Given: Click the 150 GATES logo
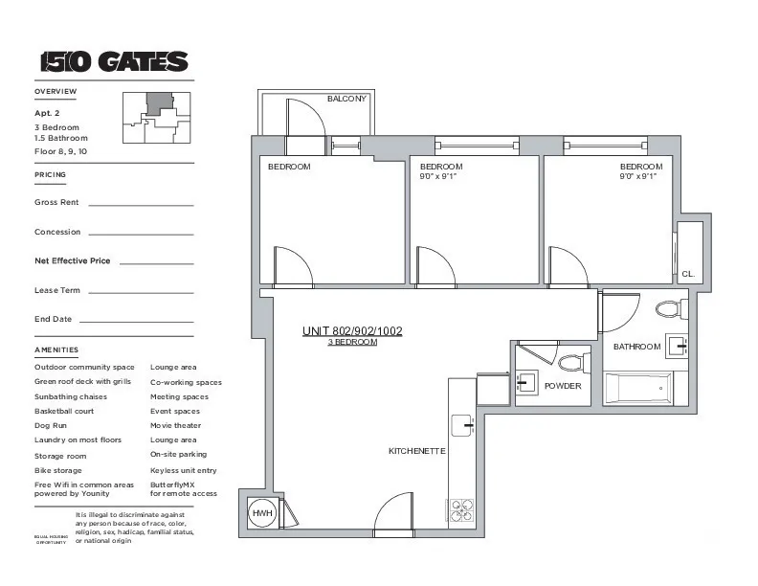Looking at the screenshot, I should click(x=114, y=62).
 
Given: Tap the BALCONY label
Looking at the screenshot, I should click(x=346, y=99).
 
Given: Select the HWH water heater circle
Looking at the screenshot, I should click(x=261, y=514).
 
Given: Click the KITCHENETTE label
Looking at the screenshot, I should click(x=416, y=450).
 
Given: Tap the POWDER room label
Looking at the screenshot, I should click(x=563, y=386).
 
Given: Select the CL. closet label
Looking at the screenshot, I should click(x=687, y=274).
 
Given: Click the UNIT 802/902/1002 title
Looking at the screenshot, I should click(x=352, y=331).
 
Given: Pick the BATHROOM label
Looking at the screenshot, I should click(x=636, y=347).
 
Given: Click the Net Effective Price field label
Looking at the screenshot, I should click(x=73, y=260).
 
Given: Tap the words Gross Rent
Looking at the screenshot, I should click(x=56, y=202).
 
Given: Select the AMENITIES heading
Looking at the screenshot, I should click(x=56, y=349).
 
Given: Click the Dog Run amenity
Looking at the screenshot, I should click(x=50, y=425).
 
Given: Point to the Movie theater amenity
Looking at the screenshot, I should click(x=175, y=425).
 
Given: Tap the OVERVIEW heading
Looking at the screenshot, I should click(x=56, y=91).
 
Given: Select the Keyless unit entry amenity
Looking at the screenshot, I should click(x=184, y=470).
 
